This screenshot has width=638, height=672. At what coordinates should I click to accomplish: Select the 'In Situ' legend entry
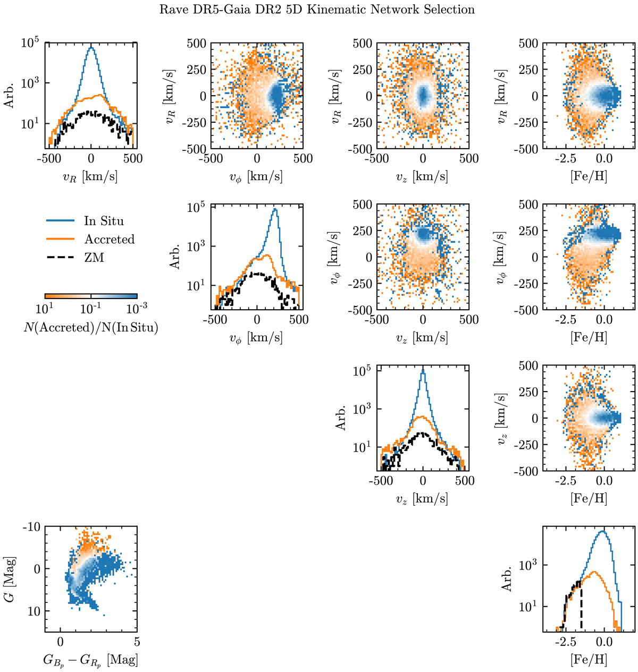[x=104, y=221]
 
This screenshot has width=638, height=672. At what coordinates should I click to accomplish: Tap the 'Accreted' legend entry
[x=110, y=240]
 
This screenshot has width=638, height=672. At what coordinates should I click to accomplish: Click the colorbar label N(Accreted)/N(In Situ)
[x=91, y=328]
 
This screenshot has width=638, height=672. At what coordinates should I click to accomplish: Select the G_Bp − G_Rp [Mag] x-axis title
[x=91, y=660]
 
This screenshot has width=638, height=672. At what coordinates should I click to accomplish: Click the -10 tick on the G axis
[x=31, y=527]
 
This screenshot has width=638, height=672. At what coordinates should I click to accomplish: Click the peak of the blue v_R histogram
[x=91, y=48]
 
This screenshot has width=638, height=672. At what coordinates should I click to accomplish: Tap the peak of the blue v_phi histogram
[x=275, y=209]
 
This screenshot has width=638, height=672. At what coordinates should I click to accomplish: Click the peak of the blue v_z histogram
[x=423, y=370]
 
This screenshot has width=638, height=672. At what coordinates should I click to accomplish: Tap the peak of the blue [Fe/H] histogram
[x=602, y=531]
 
